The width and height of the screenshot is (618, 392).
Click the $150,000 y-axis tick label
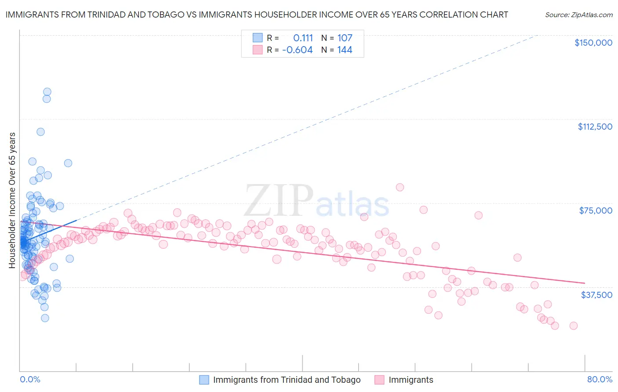click(593, 43)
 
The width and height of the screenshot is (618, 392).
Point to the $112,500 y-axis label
click(595, 127)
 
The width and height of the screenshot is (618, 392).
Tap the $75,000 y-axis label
click(596, 211)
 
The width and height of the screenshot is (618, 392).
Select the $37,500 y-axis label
click(596, 295)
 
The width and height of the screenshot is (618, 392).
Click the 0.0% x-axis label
click(30, 379)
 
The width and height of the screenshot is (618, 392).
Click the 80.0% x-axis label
click(600, 379)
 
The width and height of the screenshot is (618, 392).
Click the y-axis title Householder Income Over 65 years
click(12, 200)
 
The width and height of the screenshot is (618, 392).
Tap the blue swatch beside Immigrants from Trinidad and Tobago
click(204, 380)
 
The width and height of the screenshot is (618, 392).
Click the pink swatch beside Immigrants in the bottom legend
click(379, 380)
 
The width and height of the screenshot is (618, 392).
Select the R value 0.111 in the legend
click(303, 38)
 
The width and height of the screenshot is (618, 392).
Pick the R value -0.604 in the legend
click(298, 50)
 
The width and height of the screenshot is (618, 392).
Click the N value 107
click(345, 38)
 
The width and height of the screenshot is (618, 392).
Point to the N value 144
click(345, 50)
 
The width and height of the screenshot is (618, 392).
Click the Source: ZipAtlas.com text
click(579, 15)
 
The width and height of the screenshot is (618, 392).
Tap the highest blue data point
click(47, 92)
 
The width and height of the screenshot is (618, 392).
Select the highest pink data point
click(400, 187)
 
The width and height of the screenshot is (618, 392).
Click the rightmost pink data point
click(573, 326)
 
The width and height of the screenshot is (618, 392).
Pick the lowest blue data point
click(45, 318)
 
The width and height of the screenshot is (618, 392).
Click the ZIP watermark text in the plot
click(279, 201)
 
